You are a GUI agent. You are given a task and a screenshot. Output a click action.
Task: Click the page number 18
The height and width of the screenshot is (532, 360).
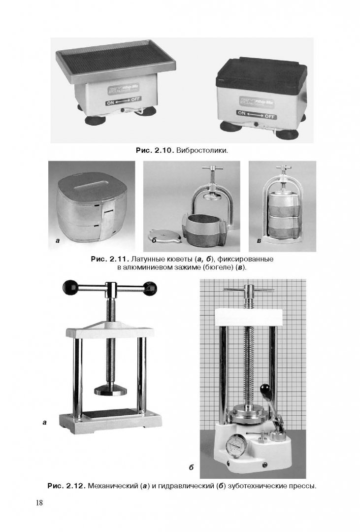click(x=39, y=502)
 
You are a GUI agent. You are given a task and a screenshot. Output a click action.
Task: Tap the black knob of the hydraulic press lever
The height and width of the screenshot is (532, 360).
click(x=264, y=390)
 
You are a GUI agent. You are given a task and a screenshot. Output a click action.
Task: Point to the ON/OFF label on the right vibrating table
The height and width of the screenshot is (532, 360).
click(x=257, y=114)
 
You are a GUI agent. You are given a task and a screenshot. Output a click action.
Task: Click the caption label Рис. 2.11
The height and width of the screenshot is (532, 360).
click(x=110, y=259)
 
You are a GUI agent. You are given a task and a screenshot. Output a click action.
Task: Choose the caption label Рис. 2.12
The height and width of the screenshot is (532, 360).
click(x=66, y=486)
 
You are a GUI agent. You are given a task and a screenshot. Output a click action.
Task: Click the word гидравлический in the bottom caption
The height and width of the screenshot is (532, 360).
click(x=185, y=486)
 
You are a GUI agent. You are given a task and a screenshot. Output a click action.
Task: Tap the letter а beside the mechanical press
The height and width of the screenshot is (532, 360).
click(x=44, y=423)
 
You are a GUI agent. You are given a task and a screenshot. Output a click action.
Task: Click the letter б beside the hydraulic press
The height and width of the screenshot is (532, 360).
click(x=192, y=467)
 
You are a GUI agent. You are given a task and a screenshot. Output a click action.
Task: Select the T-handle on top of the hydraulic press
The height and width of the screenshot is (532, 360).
click(x=249, y=290)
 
